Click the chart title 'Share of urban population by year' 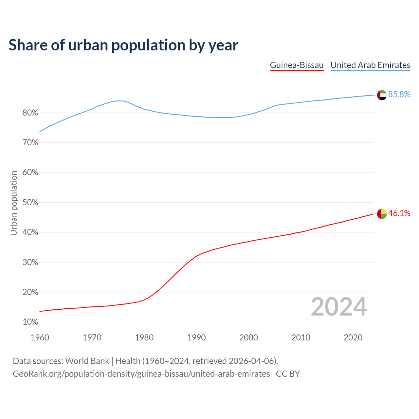tap(123, 45)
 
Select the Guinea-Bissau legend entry tap(297, 65)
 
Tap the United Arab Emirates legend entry tap(370, 65)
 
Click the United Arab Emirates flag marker tap(382, 95)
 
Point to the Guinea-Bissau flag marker tap(382, 214)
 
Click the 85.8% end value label tap(399, 95)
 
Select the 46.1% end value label tap(399, 213)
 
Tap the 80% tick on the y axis tap(30, 113)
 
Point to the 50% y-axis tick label tap(30, 203)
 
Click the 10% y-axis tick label tap(30, 322)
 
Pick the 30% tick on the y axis tap(30, 263)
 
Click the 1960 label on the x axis tap(40, 337)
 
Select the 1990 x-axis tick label tap(196, 337)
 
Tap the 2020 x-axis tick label tap(353, 337)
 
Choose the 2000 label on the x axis tap(248, 337)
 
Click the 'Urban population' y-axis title tap(14, 203)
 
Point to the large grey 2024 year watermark tap(339, 307)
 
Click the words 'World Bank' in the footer tap(87, 361)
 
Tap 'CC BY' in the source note tap(288, 374)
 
